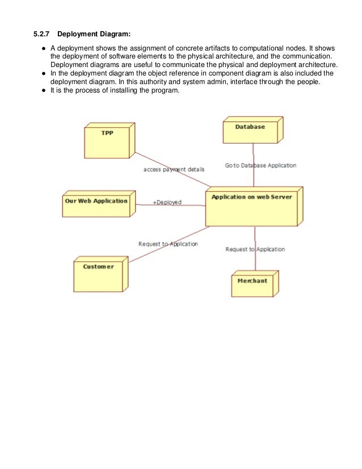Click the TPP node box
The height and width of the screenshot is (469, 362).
tap(108, 141)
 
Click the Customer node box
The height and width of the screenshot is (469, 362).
tap(99, 275)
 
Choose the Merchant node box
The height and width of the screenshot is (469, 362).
tap(252, 283)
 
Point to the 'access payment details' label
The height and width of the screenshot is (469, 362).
tap(174, 169)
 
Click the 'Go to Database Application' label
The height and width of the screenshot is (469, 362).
tap(260, 166)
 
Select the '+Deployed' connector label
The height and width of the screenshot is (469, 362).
tap(167, 202)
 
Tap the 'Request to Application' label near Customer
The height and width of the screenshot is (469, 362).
tap(168, 244)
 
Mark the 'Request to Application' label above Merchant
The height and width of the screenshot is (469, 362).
tap(255, 249)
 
